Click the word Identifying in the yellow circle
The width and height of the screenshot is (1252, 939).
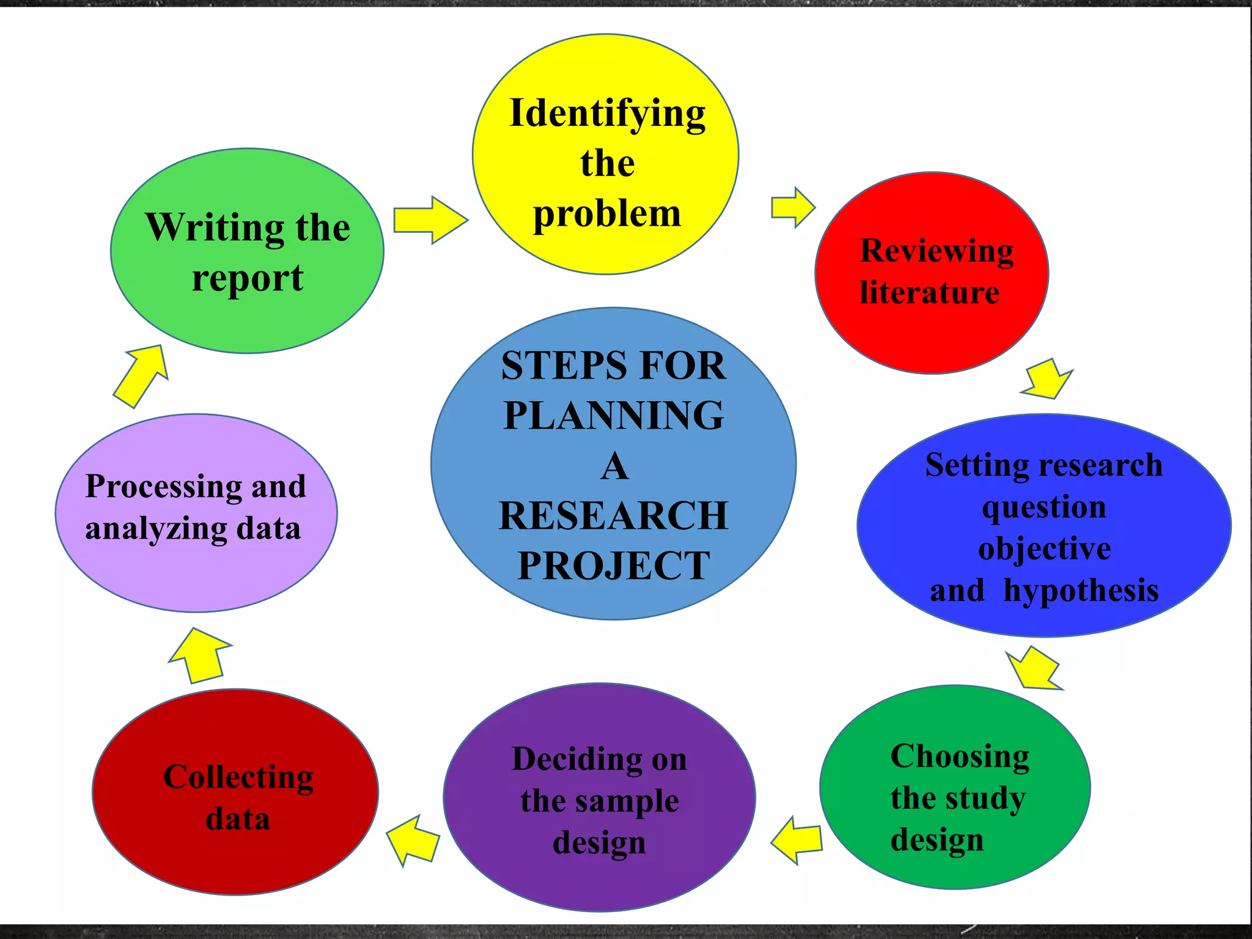607,115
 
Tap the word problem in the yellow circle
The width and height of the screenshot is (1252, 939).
607,215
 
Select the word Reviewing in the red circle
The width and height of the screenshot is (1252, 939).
937,252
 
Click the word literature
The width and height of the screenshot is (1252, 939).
929,292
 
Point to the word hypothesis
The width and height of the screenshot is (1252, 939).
1081,591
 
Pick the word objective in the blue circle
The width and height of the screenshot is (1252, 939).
1044,548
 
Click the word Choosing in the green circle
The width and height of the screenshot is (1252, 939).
960,757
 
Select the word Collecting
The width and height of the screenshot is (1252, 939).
238,778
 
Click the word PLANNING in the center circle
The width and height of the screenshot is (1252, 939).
614,415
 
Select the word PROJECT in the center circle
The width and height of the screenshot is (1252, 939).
614,565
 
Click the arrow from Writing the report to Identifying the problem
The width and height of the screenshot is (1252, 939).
431,220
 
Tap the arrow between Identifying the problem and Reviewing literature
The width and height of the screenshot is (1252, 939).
794,207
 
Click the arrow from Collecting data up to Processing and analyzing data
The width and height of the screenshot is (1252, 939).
200,655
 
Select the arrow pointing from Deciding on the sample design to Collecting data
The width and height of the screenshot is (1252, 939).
413,841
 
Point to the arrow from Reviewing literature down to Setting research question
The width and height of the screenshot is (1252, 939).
1047,379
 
